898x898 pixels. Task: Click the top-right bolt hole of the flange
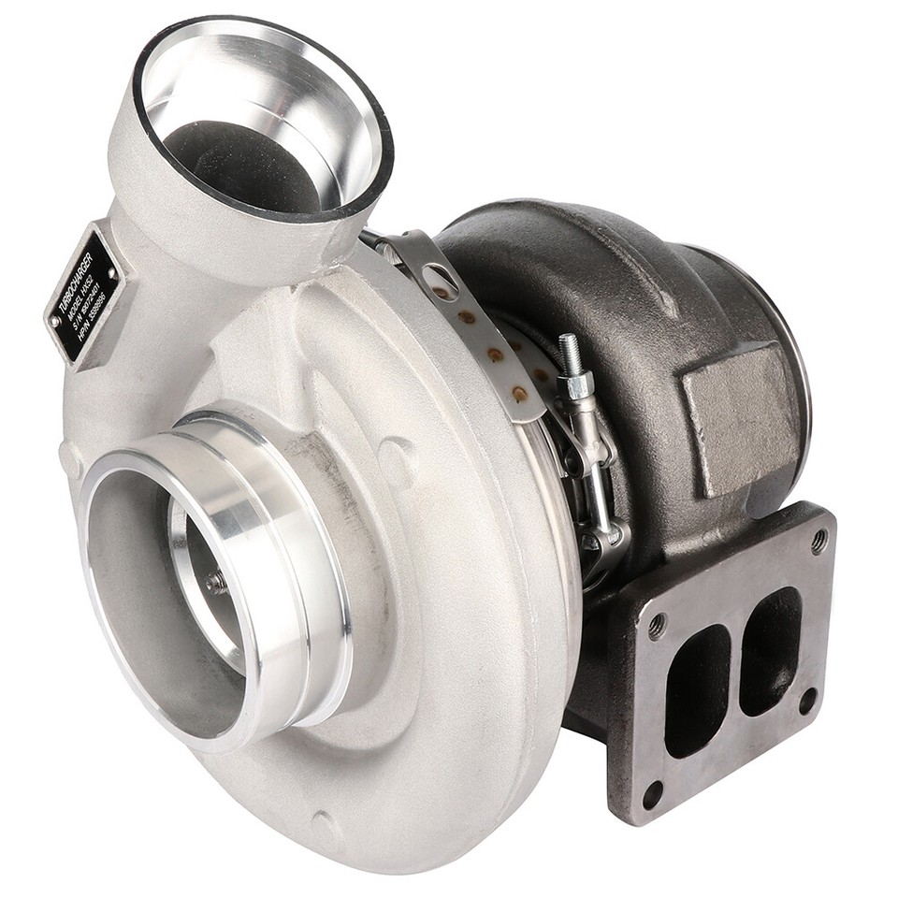click(x=818, y=541)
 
